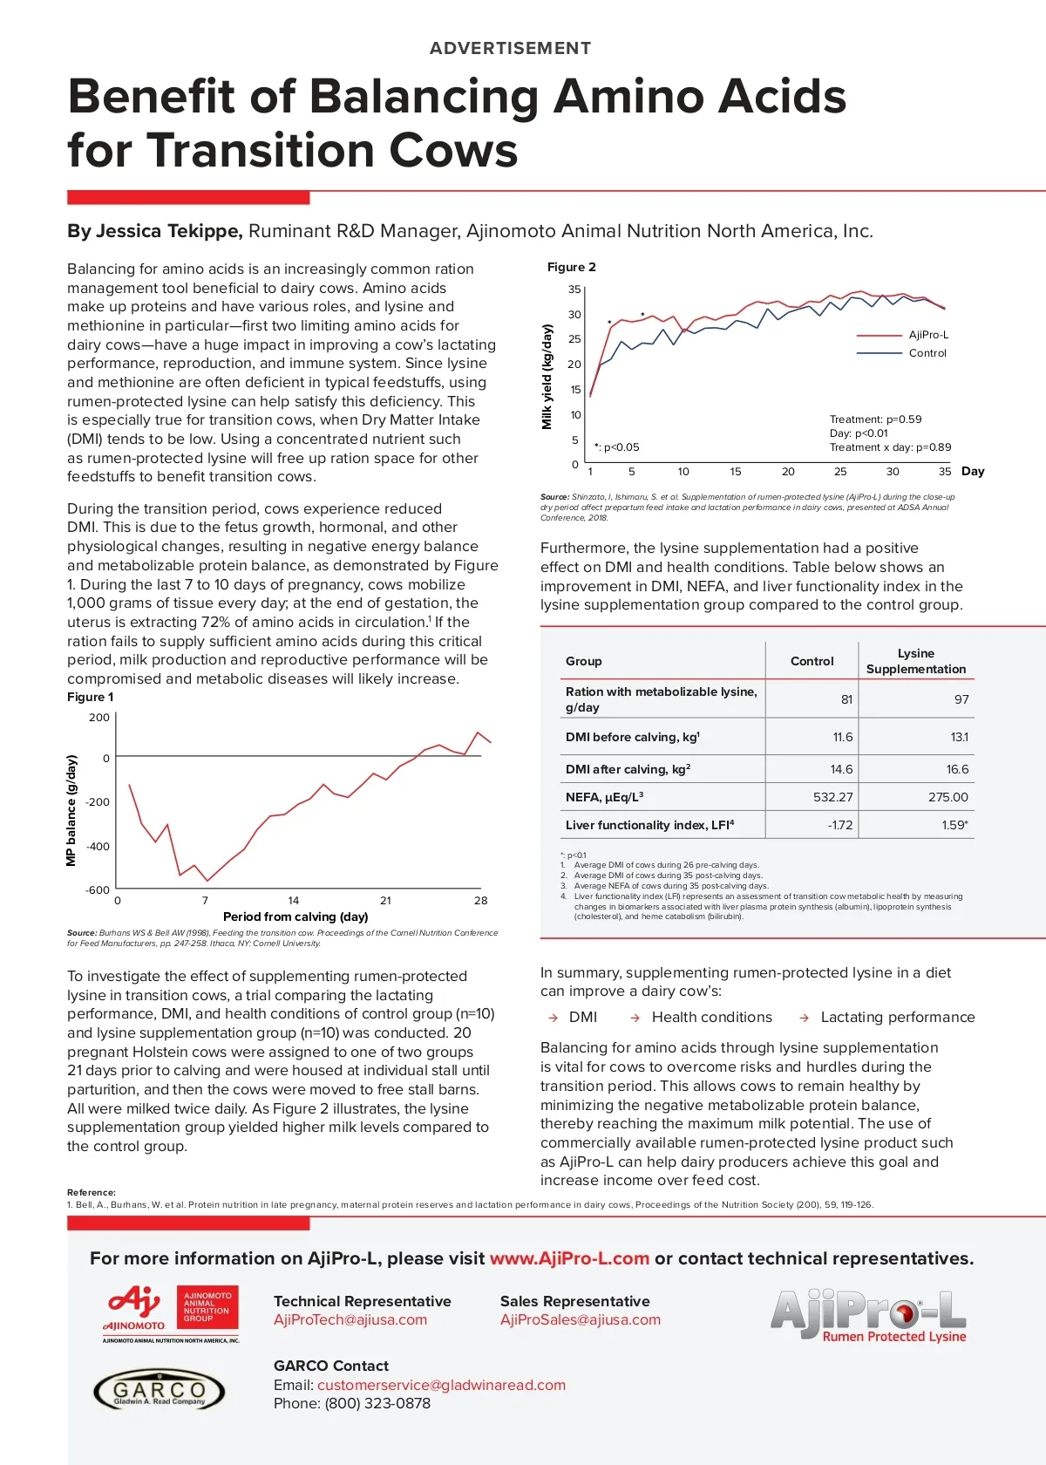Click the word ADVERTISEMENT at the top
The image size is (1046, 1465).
[x=510, y=48]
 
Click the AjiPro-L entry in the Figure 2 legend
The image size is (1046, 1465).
[x=928, y=335]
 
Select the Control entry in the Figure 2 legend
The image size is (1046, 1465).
[x=927, y=353]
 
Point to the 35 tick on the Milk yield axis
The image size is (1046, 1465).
[x=574, y=290]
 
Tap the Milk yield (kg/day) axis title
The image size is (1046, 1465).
[x=547, y=377]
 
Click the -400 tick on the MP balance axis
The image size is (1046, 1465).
[x=98, y=847]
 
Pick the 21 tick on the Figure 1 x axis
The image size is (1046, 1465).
[x=385, y=901]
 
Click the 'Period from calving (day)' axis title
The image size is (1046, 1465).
[x=295, y=916]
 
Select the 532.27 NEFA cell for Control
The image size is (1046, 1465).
[x=832, y=797]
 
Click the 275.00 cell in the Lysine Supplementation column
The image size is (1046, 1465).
[x=948, y=797]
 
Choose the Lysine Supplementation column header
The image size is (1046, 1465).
[x=915, y=661]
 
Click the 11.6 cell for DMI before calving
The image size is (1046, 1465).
[x=842, y=737]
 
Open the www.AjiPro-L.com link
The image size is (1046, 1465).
[x=569, y=1258]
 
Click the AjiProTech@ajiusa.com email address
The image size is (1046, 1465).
[x=350, y=1319]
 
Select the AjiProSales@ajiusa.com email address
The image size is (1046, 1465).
[x=581, y=1319]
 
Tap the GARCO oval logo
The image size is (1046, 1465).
[x=159, y=1390]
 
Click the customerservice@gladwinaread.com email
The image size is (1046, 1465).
[x=441, y=1385]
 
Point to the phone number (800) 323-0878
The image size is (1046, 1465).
[x=377, y=1403]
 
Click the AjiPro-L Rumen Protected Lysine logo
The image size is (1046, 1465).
[x=868, y=1315]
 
